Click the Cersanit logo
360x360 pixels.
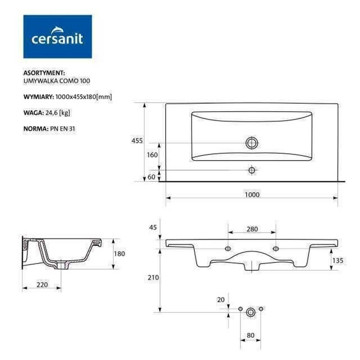[x=58, y=36]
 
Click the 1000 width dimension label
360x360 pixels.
[x=252, y=195]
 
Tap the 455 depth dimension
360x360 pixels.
[x=137, y=141]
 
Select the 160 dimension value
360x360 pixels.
[x=152, y=155]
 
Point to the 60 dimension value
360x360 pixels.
[x=151, y=177]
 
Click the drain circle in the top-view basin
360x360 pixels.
[x=252, y=143]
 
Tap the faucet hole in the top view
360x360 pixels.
[x=252, y=170]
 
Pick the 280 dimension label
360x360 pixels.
[x=252, y=229]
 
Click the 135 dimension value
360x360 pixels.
[x=338, y=260]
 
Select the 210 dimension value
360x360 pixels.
[x=153, y=278]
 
